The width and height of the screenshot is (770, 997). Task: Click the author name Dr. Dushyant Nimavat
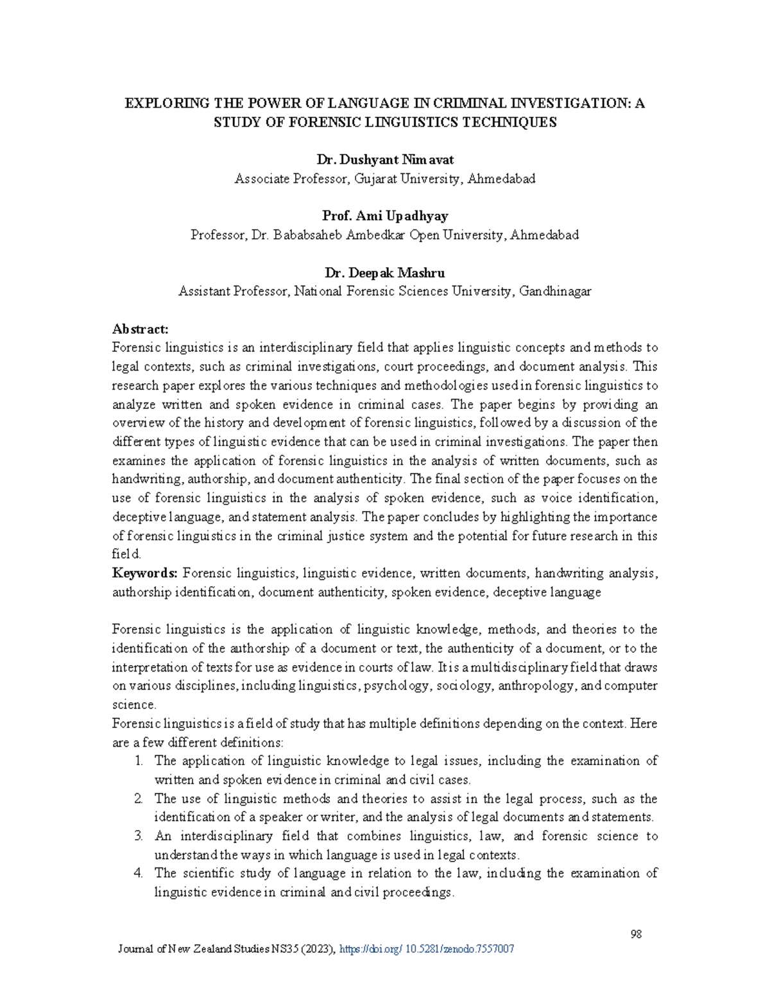click(384, 160)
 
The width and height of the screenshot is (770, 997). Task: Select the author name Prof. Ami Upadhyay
click(384, 216)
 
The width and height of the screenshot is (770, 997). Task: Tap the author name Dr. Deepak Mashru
click(384, 273)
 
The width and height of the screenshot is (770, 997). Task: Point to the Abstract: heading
click(140, 329)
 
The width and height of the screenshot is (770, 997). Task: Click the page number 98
click(636, 934)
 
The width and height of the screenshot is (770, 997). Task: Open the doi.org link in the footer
click(425, 949)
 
